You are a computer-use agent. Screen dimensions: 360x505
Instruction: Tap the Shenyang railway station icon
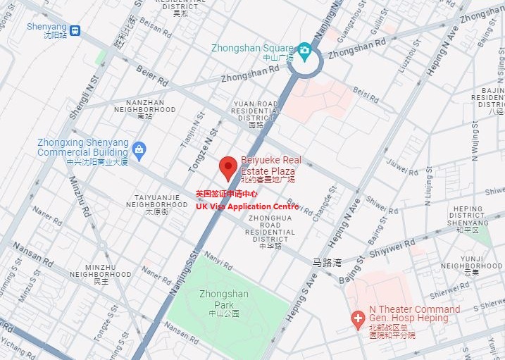click(75, 30)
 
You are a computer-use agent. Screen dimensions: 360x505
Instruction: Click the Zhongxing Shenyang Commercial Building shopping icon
click(139, 149)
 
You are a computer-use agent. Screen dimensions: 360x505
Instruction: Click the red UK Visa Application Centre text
click(247, 206)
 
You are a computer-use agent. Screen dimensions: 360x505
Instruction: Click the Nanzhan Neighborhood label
click(144, 110)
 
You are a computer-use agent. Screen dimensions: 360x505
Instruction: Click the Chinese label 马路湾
click(327, 263)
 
